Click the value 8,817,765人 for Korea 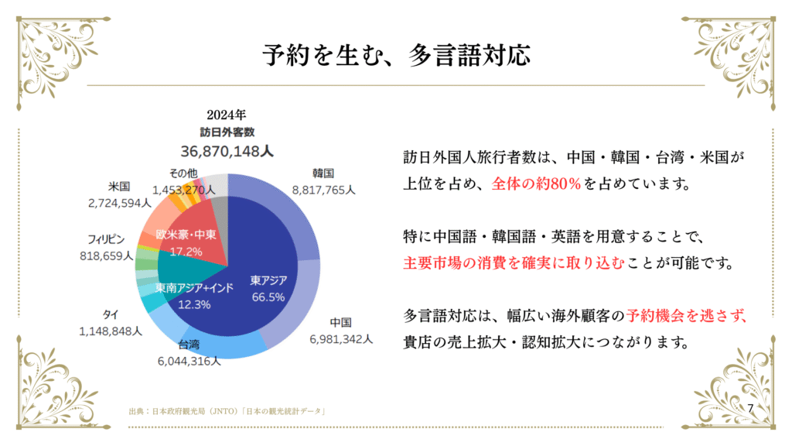tap(323, 188)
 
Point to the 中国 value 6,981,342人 tap(340, 338)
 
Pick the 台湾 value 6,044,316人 tap(189, 360)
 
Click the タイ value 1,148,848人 tap(110, 331)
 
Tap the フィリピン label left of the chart tap(107, 238)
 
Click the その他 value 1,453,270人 tap(183, 188)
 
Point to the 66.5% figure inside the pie tap(268, 297)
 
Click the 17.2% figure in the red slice tap(186, 251)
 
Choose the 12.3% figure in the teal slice tap(193, 304)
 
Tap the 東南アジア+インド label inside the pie tap(194, 288)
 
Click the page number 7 tap(749, 407)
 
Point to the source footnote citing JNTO tap(226, 411)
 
